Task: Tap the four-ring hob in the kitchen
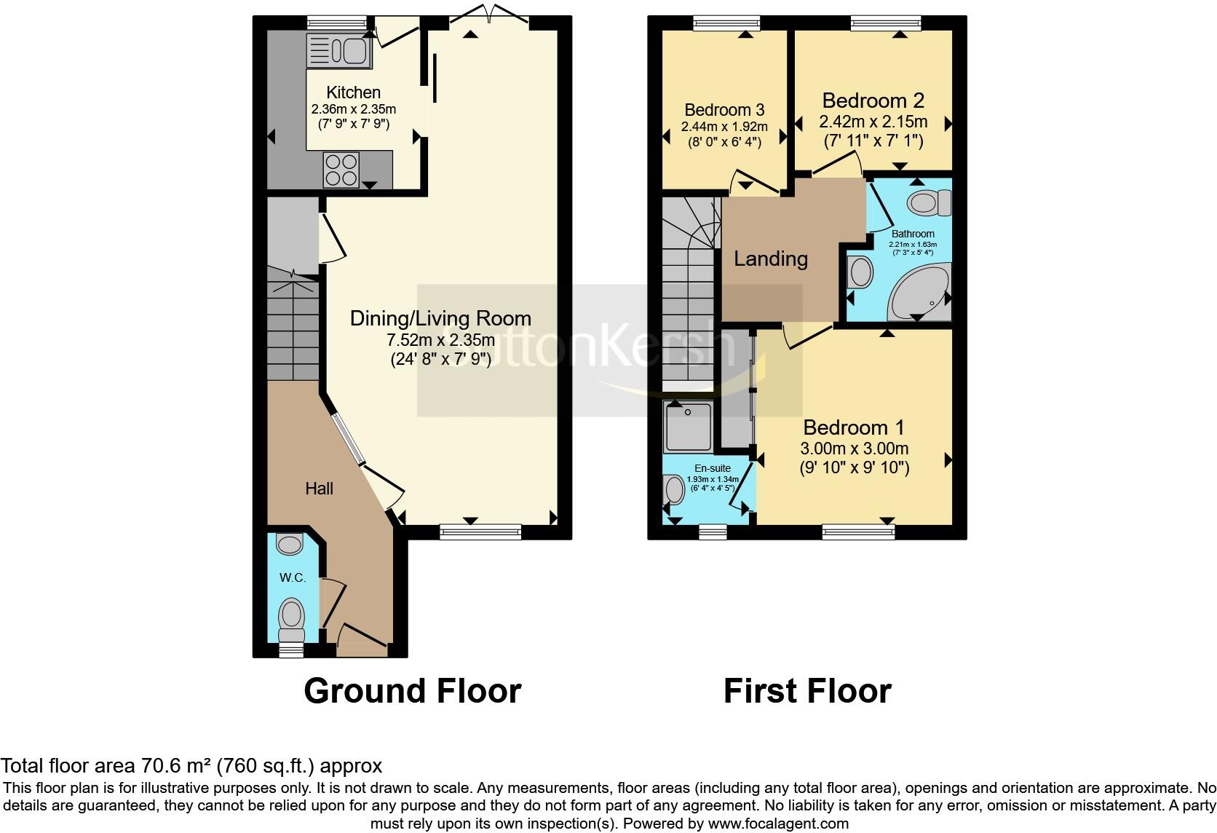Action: pyautogui.click(x=341, y=169)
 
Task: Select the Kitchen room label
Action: pyautogui.click(x=353, y=92)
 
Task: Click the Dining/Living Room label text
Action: pyautogui.click(x=440, y=318)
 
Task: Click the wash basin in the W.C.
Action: pyautogui.click(x=290, y=543)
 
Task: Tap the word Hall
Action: pyautogui.click(x=319, y=489)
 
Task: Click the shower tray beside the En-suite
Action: pyautogui.click(x=687, y=427)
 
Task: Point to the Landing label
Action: pyautogui.click(x=770, y=258)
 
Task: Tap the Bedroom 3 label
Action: pyautogui.click(x=724, y=110)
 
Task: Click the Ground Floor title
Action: pyautogui.click(x=412, y=690)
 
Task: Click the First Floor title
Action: pyautogui.click(x=807, y=690)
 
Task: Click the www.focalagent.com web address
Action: pyautogui.click(x=777, y=824)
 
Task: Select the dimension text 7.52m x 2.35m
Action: pyautogui.click(x=440, y=339)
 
